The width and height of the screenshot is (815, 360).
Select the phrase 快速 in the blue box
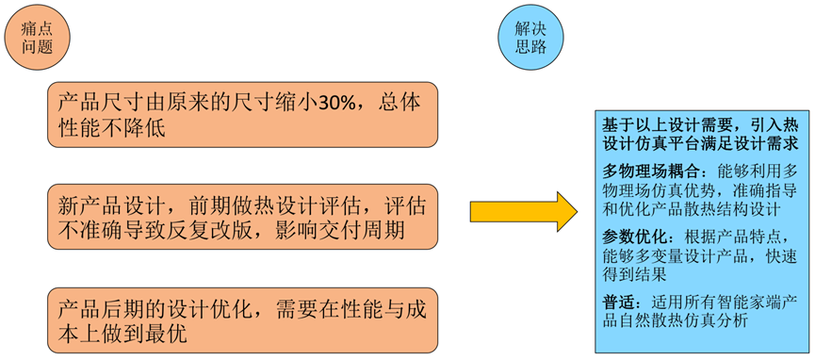[x=784, y=255]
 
